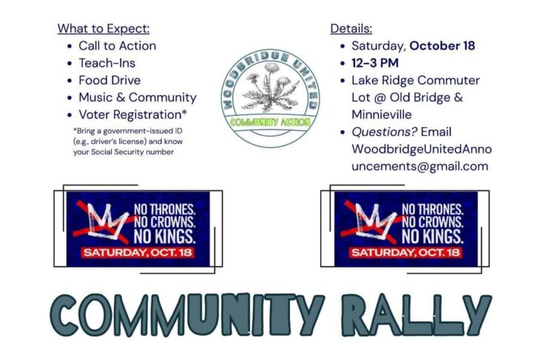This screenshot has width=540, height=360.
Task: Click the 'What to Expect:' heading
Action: [104, 29]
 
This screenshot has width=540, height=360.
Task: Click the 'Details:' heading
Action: [351, 29]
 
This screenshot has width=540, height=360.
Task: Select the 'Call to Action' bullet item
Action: [117, 46]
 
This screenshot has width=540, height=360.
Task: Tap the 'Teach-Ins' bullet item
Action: [107, 63]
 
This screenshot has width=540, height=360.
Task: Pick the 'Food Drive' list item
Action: [109, 80]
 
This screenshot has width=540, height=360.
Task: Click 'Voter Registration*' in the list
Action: [133, 115]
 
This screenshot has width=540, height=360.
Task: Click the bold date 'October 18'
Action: [442, 46]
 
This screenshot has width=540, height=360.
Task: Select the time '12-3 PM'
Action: [375, 63]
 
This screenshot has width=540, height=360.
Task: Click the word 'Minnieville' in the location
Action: [382, 115]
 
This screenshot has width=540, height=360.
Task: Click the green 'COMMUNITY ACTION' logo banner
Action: [270, 122]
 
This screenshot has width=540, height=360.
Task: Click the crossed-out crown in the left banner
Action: [103, 220]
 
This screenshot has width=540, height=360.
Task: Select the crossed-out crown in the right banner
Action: [371, 220]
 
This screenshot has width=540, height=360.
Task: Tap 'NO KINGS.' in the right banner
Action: [433, 237]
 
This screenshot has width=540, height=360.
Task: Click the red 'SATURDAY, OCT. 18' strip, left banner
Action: [138, 253]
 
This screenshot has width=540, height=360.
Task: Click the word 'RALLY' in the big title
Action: [416, 315]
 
